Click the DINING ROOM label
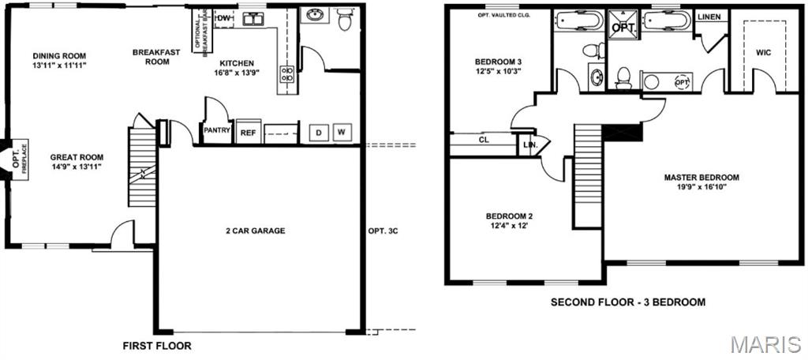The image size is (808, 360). (59, 56)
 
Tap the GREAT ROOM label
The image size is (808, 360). (77, 157)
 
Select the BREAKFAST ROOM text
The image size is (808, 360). (156, 57)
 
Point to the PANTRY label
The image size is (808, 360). (216, 130)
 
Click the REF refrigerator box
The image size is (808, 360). (248, 133)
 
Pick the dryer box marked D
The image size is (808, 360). (320, 133)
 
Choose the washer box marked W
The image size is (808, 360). (342, 133)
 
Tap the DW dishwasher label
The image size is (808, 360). (223, 18)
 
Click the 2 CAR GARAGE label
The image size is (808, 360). (256, 231)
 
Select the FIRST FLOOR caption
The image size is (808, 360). (156, 346)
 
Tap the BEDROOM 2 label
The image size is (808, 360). (509, 216)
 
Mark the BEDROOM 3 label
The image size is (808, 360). (498, 62)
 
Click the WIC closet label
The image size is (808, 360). (763, 53)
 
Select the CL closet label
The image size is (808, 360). (484, 141)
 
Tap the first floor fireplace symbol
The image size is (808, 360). (13, 160)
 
